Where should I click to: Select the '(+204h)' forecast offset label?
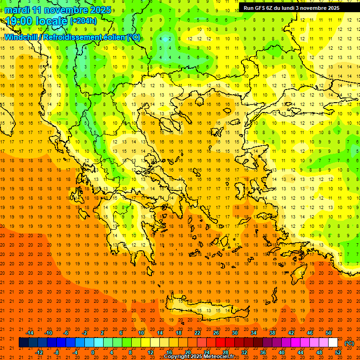coord(83,21)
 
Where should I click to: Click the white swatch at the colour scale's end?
coord(333,343)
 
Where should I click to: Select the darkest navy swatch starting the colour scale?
coord(23,343)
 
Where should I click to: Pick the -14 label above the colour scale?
coord(30,333)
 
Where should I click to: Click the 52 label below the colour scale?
coord(338,352)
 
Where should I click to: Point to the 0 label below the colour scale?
coord(93,352)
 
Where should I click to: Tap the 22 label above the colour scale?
coord(197,333)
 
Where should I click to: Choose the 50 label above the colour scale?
coord(329,333)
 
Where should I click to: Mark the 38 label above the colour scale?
coord(272,333)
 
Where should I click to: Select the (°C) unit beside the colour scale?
coord(349,343)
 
